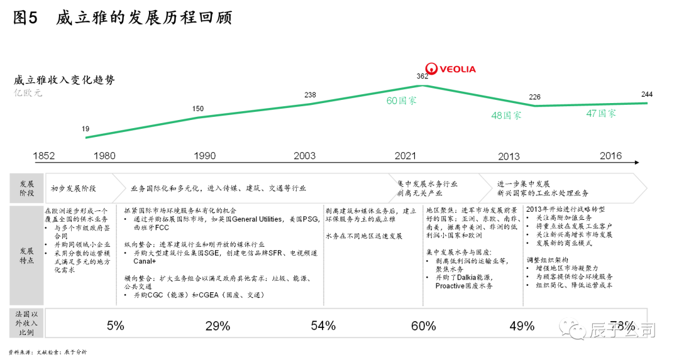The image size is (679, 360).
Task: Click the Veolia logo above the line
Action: click(450, 68)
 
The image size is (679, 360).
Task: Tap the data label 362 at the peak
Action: click(422, 77)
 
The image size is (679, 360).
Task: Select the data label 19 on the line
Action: click(86, 129)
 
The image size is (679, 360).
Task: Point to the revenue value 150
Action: click(197, 109)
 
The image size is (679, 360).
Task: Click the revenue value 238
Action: click(310, 95)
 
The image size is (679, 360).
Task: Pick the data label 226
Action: click(534, 97)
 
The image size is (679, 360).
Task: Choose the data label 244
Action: click(646, 94)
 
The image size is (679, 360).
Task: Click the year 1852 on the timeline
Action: click(44, 156)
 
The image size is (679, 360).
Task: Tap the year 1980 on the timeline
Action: click(104, 156)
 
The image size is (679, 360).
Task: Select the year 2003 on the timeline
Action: click(305, 156)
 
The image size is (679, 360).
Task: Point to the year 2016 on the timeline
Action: click(611, 155)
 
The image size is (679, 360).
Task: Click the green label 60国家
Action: click(401, 101)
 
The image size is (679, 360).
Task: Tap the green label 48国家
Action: click(506, 116)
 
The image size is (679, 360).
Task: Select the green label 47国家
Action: click(600, 114)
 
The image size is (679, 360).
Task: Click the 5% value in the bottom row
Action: click(116, 325)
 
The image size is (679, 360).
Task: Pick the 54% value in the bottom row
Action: click(323, 325)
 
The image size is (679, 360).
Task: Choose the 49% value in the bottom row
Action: click(522, 325)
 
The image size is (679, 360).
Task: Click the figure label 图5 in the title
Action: click(26, 18)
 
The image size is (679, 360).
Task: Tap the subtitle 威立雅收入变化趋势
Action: click(64, 80)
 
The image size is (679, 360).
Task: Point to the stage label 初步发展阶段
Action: click(74, 188)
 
